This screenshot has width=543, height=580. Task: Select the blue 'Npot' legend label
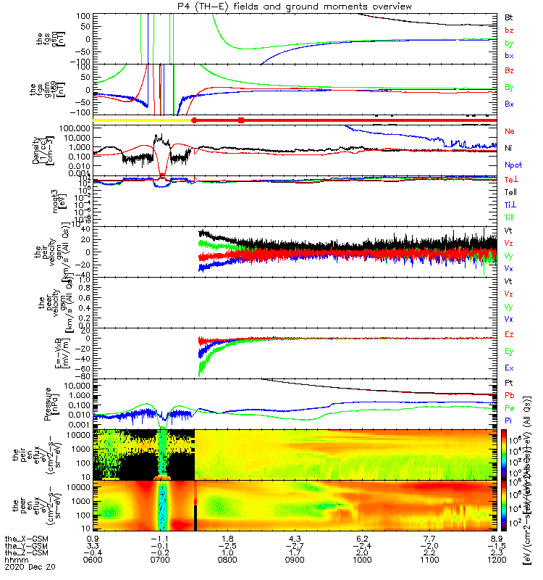pos(512,165)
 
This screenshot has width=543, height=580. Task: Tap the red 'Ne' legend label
pos(509,131)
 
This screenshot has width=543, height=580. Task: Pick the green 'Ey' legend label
pos(509,351)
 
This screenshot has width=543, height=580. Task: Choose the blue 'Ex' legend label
pos(509,368)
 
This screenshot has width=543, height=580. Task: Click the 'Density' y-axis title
pos(36,149)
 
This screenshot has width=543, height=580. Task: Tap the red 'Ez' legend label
pos(509,334)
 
